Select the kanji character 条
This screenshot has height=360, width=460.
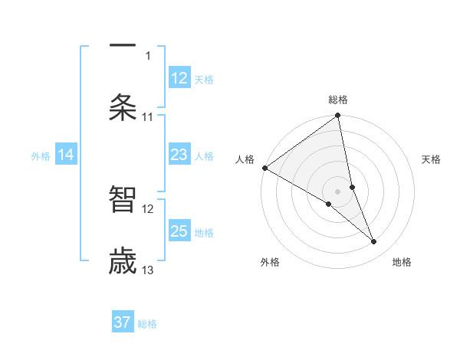(123, 108)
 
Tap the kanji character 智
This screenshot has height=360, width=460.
(123, 199)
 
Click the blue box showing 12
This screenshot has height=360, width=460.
(179, 78)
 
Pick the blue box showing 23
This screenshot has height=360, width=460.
(179, 155)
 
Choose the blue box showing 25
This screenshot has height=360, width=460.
(179, 231)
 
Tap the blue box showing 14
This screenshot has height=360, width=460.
(66, 155)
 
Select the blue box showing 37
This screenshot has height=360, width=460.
(123, 322)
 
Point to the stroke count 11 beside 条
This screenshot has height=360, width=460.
(148, 117)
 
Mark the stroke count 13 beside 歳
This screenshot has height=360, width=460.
(148, 270)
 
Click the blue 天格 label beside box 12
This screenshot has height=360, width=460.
(204, 80)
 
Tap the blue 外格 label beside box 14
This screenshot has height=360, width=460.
(41, 156)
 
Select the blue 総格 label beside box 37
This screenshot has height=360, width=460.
(147, 324)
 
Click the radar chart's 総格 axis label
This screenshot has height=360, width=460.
(338, 100)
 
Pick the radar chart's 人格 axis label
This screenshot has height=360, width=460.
(245, 159)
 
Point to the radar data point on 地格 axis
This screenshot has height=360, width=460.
(374, 242)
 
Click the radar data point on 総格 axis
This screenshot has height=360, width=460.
(338, 116)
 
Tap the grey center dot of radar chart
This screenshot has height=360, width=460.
(338, 190)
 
